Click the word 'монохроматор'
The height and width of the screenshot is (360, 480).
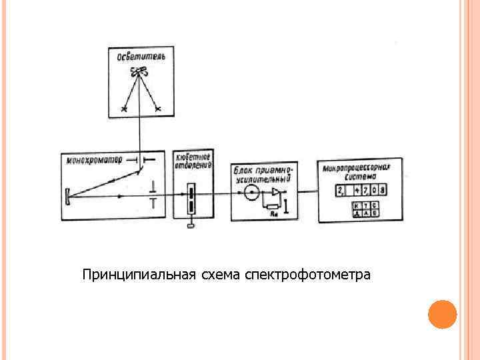coord(95,160)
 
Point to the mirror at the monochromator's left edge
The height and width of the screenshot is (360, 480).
coord(69,196)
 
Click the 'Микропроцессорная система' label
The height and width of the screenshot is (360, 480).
coord(360,171)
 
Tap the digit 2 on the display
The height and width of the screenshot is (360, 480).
coord(340,191)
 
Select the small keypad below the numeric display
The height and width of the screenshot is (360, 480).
coord(365,209)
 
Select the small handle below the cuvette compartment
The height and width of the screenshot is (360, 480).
coord(192,225)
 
